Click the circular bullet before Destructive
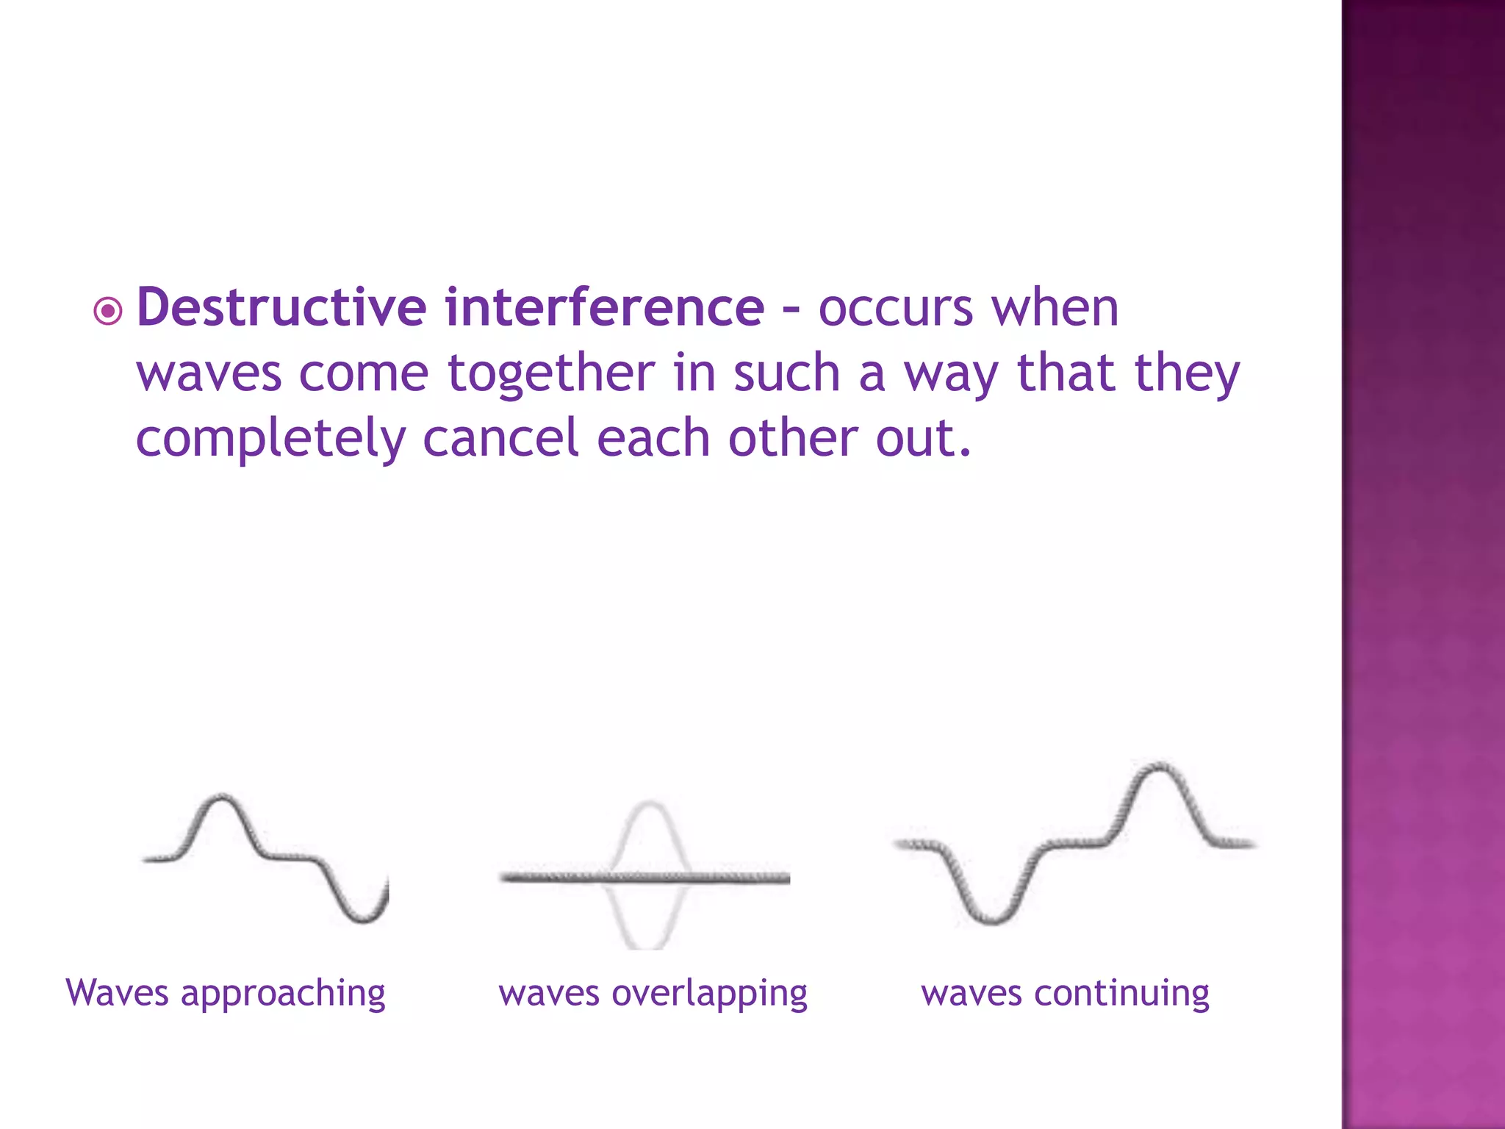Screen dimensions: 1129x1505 [108, 312]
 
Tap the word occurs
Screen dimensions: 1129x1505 [895, 309]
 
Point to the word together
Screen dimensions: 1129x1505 [550, 373]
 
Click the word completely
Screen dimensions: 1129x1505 [270, 439]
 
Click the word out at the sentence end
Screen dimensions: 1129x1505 [922, 439]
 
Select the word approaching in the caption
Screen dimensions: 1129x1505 [283, 994]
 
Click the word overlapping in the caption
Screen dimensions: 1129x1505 [709, 994]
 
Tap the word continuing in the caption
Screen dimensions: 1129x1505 [1121, 993]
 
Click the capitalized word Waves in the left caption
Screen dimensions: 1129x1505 [118, 992]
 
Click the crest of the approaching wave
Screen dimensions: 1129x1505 [220, 798]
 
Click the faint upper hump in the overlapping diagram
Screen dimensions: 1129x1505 [649, 806]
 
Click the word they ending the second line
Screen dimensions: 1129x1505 [1187, 373]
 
